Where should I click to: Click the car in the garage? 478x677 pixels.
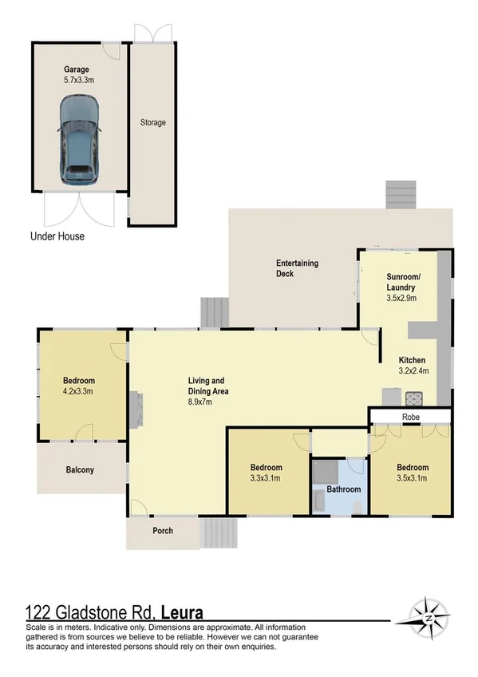click(79, 140)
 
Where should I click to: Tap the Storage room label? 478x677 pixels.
click(153, 123)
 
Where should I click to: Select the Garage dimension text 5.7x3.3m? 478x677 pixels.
click(78, 80)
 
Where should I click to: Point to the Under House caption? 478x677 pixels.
click(57, 236)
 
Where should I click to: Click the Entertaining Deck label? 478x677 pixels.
click(297, 268)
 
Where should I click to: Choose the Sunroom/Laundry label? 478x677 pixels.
click(396, 281)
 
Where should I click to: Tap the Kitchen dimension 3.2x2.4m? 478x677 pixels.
click(413, 370)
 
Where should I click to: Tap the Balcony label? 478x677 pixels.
click(80, 470)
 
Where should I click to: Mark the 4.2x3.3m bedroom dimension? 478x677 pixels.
click(78, 391)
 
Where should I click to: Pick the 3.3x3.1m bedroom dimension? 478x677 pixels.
click(267, 478)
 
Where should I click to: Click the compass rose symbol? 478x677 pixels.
click(429, 617)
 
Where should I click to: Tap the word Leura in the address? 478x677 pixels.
click(183, 613)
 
